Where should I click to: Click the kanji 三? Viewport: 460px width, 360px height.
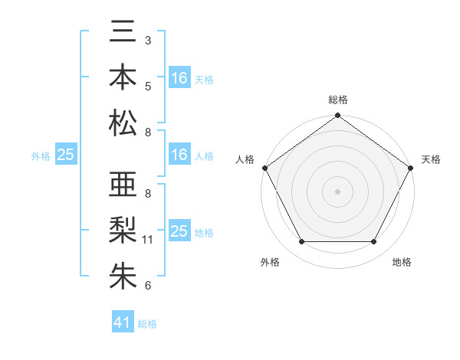[x=123, y=33]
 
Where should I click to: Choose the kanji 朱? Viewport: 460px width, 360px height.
[x=123, y=275]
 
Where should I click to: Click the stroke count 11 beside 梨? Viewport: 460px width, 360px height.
[x=148, y=240]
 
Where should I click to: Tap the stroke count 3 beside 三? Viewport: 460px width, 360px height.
[x=148, y=40]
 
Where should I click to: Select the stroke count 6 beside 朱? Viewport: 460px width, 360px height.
[x=148, y=286]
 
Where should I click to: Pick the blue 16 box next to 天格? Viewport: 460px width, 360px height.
[x=179, y=78]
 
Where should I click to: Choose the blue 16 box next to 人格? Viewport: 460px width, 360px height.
[x=179, y=155]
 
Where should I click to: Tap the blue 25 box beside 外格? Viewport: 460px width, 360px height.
[x=66, y=155]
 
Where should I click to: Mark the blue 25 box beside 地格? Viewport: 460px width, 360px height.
[x=179, y=231]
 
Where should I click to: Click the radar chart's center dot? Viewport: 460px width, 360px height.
[x=337, y=191]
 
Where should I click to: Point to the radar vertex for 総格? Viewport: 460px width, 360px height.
[x=337, y=116]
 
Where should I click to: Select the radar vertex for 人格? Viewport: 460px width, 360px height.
[x=265, y=168]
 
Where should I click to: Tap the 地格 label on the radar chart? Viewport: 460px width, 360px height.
[x=402, y=262]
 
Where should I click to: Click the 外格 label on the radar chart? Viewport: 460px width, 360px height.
[x=270, y=262]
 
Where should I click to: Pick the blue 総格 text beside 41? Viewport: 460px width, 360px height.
[x=147, y=324]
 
